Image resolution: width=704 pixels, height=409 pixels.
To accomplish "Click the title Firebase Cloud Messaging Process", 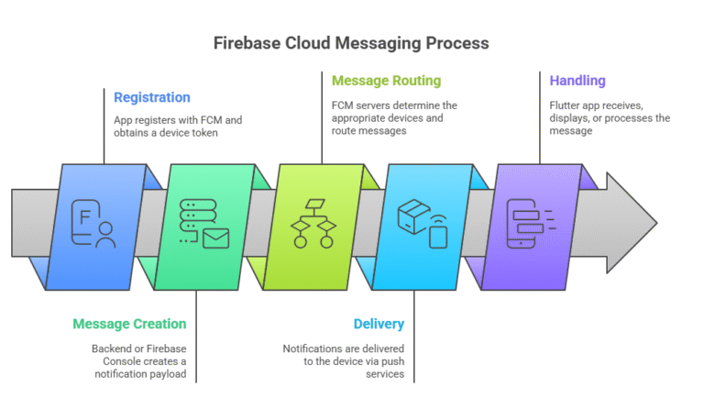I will tap(351, 43).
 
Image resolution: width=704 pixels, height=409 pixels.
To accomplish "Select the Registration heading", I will tap(152, 97).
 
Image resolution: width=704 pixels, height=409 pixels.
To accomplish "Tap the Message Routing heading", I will tap(386, 81).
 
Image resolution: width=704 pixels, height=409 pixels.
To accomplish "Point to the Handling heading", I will tap(577, 81).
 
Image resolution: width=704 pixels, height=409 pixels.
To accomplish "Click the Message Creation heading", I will tap(129, 324).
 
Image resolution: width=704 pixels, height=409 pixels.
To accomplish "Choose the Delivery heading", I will tap(379, 324).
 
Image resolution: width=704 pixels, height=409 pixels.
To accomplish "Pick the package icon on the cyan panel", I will tap(412, 216).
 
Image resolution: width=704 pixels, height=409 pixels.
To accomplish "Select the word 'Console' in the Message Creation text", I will tap(112, 362).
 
